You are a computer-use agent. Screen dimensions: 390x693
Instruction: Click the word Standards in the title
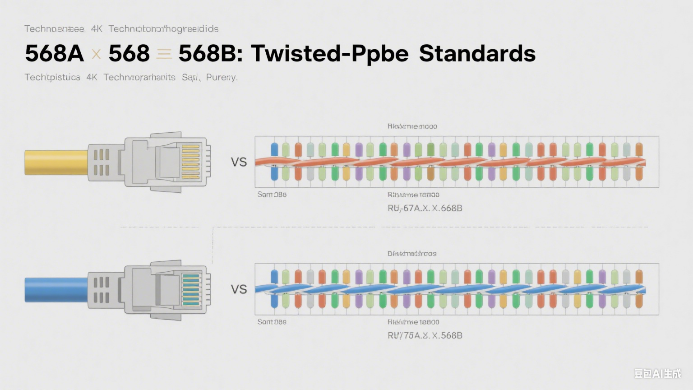(x=477, y=53)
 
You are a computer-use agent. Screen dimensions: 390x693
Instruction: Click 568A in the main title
(x=55, y=53)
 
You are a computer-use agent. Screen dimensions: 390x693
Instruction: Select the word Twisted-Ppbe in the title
(x=330, y=53)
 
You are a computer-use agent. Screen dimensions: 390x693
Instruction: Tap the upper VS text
(x=239, y=162)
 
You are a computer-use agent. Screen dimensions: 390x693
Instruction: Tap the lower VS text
(x=239, y=289)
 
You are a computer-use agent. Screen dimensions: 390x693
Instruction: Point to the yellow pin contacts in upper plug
(x=190, y=162)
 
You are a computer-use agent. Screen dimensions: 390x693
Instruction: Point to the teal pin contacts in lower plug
(x=191, y=289)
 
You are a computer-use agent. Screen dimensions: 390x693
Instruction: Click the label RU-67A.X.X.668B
(x=425, y=208)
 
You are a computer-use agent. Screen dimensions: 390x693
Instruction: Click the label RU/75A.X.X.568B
(x=425, y=335)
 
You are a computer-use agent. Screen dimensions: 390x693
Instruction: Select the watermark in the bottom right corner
(x=657, y=373)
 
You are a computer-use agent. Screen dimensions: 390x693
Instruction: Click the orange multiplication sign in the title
(x=96, y=55)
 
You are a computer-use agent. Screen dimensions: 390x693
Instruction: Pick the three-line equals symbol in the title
(x=164, y=55)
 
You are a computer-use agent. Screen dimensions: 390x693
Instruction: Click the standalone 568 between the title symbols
(x=129, y=53)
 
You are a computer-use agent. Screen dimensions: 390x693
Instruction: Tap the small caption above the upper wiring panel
(x=412, y=126)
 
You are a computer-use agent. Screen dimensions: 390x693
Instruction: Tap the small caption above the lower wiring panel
(x=411, y=254)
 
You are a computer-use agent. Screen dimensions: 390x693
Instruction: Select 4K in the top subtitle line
(x=97, y=29)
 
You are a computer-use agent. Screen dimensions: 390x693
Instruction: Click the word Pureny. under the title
(x=222, y=77)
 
